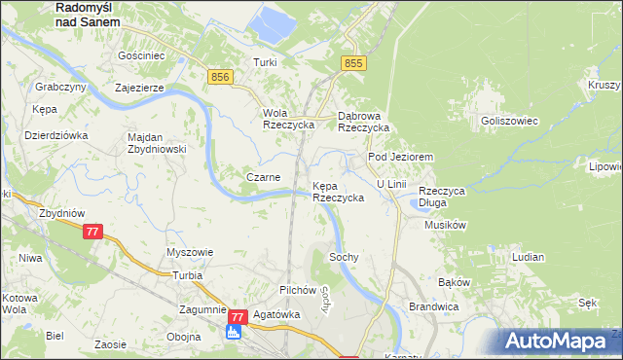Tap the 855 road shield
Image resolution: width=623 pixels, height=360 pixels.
tap(353, 63)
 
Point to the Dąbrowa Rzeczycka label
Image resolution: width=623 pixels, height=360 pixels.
tap(363, 121)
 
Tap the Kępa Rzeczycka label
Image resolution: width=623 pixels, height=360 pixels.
tap(338, 191)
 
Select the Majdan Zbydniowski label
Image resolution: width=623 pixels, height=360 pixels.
tap(157, 143)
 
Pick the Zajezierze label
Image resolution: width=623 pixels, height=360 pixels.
tap(144, 87)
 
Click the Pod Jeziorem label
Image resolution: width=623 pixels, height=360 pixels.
tap(399, 156)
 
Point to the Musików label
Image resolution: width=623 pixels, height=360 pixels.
tap(447, 225)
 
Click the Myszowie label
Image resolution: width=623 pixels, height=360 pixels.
tap(190, 251)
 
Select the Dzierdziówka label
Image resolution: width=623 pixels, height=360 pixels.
tap(56, 135)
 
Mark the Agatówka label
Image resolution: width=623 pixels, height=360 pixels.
tap(275, 315)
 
